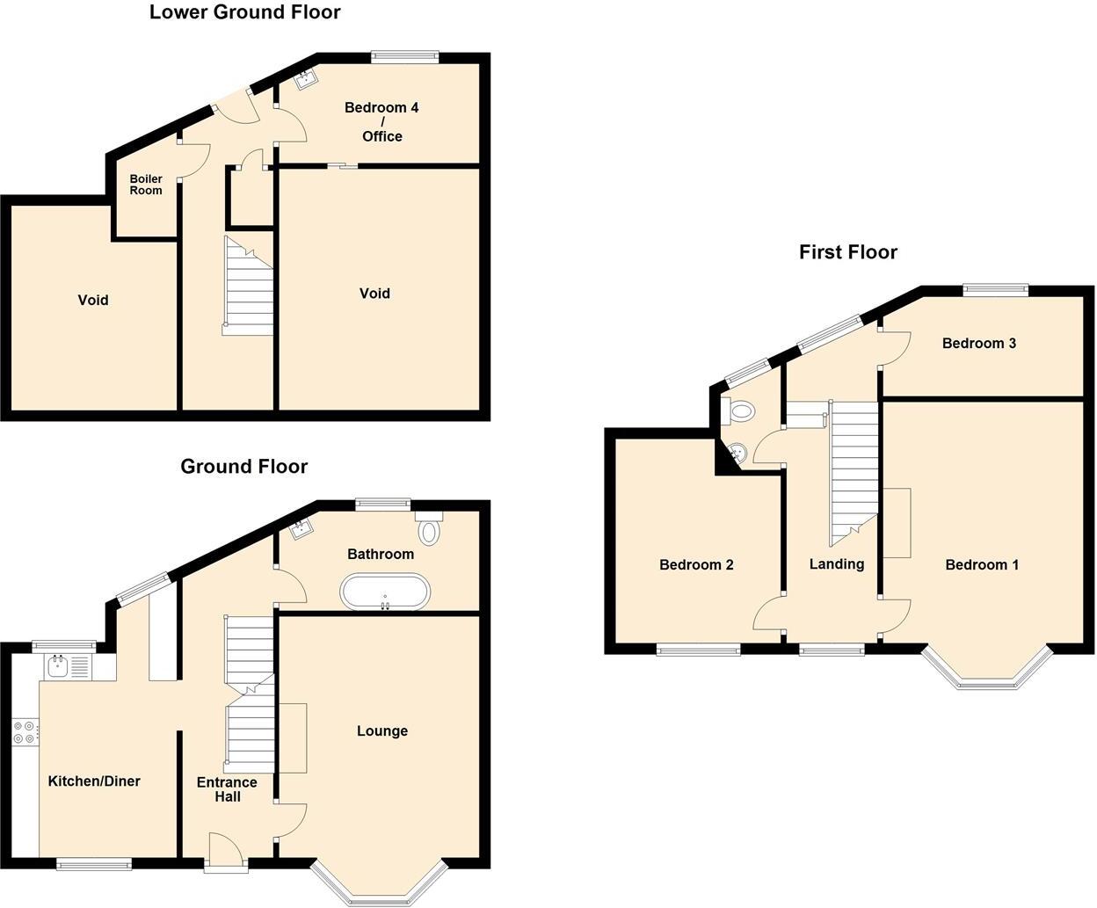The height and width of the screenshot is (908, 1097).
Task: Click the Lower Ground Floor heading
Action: click(244, 12)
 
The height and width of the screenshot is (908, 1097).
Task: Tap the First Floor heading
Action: click(847, 252)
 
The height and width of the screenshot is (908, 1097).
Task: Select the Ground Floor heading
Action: click(243, 466)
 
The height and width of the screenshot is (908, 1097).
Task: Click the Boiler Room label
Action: click(146, 185)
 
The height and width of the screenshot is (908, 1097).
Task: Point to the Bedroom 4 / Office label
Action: click(381, 121)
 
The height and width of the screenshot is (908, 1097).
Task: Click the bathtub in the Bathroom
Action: click(385, 592)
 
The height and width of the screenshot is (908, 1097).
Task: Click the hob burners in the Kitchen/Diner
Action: click(25, 732)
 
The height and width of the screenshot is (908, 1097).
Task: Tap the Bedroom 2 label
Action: click(696, 565)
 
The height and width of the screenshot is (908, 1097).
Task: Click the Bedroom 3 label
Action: click(978, 343)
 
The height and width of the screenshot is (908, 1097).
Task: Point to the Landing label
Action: click(836, 564)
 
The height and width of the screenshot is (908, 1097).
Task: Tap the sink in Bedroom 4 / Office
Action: click(307, 81)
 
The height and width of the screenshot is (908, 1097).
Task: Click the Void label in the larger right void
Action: click(374, 294)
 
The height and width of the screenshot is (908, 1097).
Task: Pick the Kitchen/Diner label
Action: click(94, 781)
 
